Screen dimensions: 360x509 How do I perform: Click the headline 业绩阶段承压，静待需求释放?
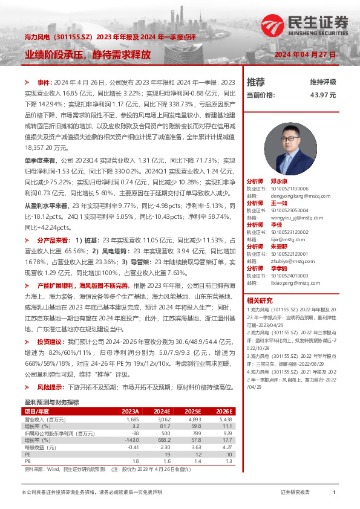pos(88,54)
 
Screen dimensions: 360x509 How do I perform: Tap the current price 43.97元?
pos(322,95)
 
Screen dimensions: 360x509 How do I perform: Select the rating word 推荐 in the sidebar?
pos(256,82)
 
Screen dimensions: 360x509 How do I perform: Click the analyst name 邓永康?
pos(279,181)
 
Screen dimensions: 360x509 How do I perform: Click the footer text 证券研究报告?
pos(295,493)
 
